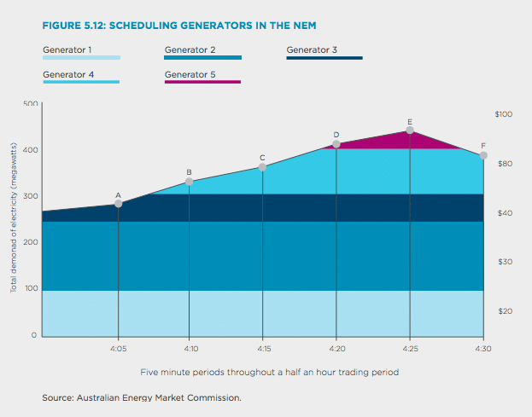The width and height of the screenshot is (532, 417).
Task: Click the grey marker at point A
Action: (x=118, y=204)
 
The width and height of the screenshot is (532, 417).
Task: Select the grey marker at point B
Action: (x=190, y=182)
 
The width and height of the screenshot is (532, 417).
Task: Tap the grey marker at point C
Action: (x=262, y=167)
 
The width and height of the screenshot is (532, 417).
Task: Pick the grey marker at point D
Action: (x=336, y=144)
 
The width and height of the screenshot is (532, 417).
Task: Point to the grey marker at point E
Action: (x=410, y=130)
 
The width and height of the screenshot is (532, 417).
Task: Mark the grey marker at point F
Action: (x=483, y=155)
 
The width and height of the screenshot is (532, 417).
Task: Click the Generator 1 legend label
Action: (x=67, y=49)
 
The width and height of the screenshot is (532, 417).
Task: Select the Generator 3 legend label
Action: (x=312, y=49)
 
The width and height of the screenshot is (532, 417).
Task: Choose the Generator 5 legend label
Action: (x=190, y=74)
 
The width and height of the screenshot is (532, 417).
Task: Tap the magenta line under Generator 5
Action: (x=202, y=82)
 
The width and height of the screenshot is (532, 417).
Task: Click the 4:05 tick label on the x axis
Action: (x=119, y=349)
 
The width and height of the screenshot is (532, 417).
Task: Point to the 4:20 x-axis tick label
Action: (x=336, y=349)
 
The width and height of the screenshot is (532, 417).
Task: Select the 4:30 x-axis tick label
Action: (x=482, y=349)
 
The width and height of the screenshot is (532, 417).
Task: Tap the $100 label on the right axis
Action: (x=504, y=114)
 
